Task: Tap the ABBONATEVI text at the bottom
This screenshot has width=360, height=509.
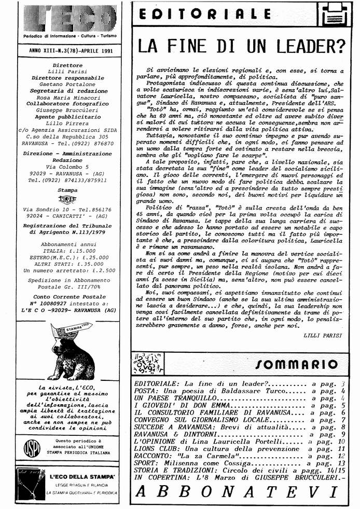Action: [x=239, y=491]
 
